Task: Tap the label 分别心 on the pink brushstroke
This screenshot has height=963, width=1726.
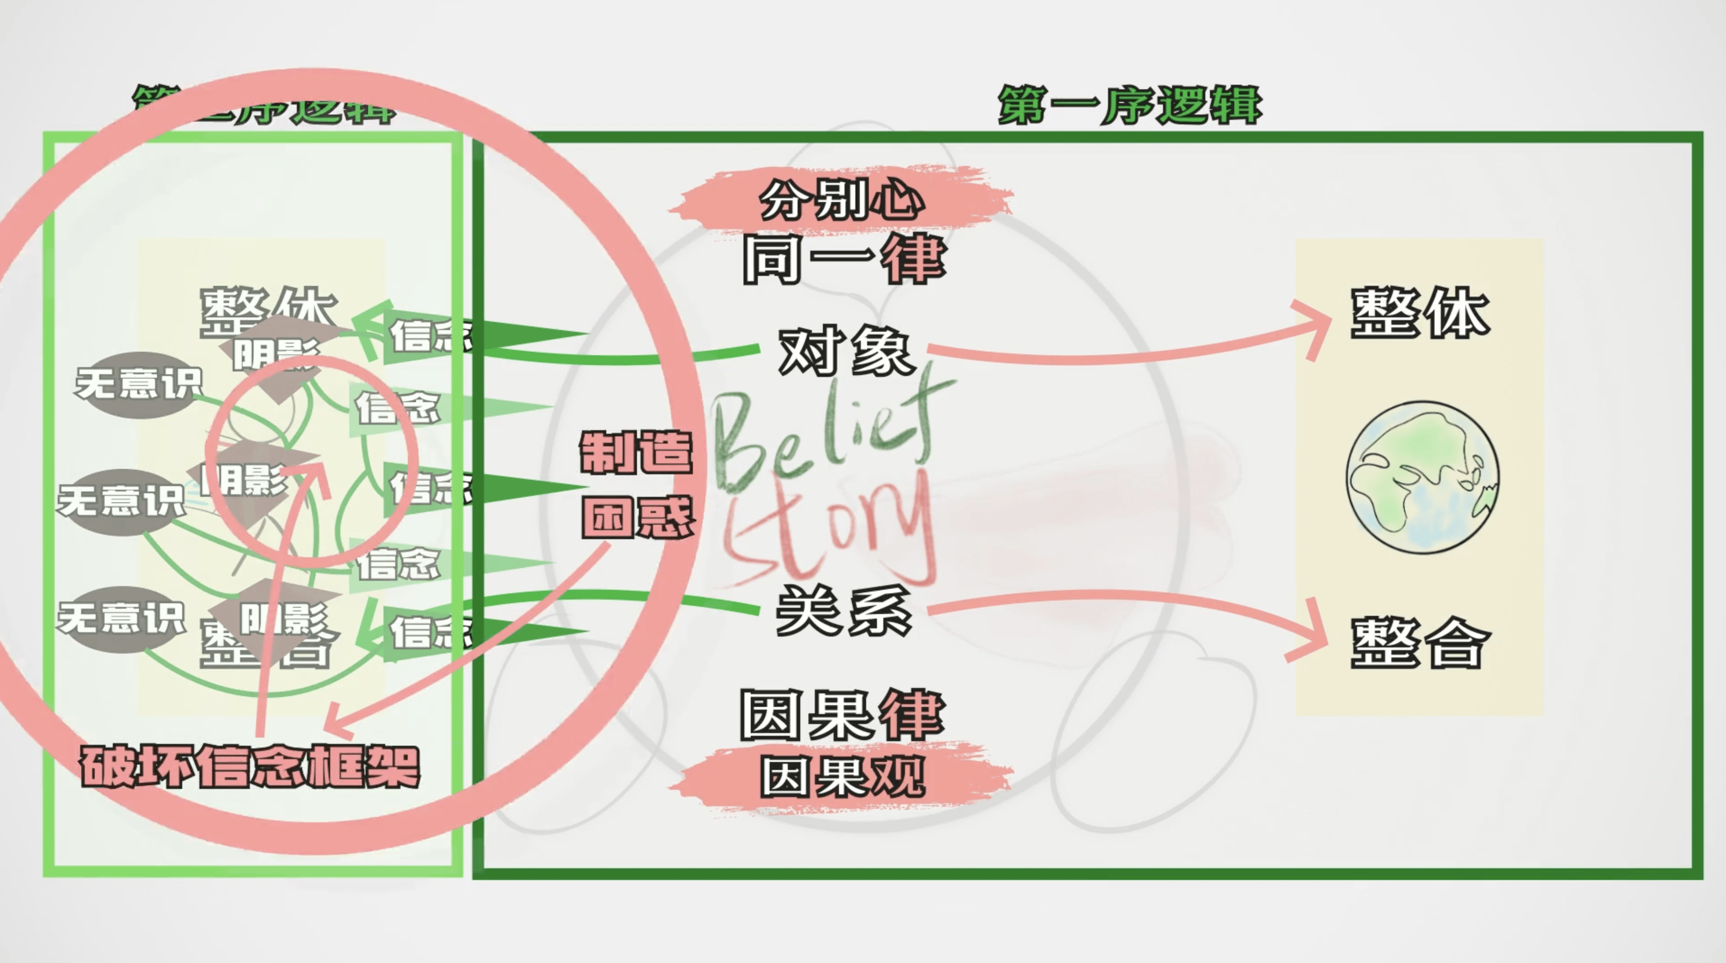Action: pyautogui.click(x=841, y=200)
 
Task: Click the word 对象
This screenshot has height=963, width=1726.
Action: pyautogui.click(x=845, y=351)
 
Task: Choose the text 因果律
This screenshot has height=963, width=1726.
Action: pyautogui.click(x=842, y=715)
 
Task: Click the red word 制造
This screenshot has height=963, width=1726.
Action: pyautogui.click(x=635, y=453)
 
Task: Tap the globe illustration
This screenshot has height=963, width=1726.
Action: pyautogui.click(x=1422, y=477)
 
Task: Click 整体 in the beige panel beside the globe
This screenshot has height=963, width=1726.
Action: pyautogui.click(x=1419, y=313)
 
